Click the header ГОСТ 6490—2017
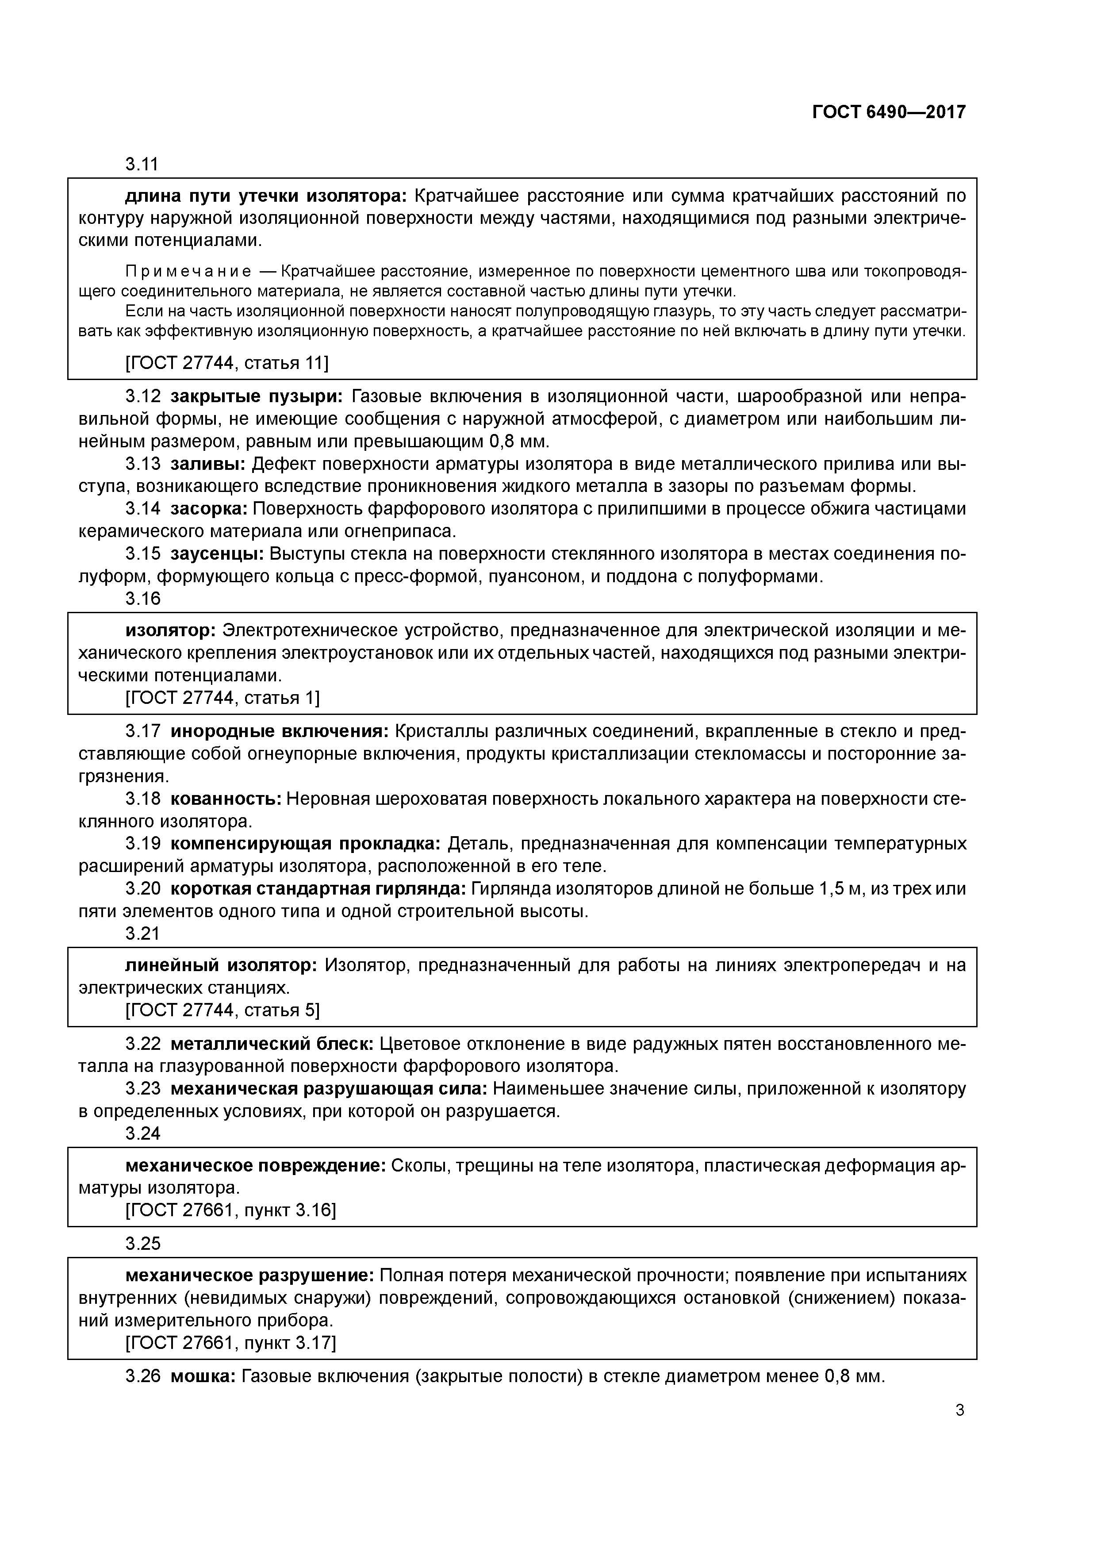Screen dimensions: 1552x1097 888,112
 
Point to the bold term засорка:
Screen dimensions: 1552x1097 210,508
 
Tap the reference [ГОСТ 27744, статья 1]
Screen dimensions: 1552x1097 222,697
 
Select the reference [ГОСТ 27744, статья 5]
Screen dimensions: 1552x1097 222,1010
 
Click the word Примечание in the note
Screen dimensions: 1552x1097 188,272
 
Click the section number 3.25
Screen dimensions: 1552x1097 142,1244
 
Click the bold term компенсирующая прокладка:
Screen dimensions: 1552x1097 305,844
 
